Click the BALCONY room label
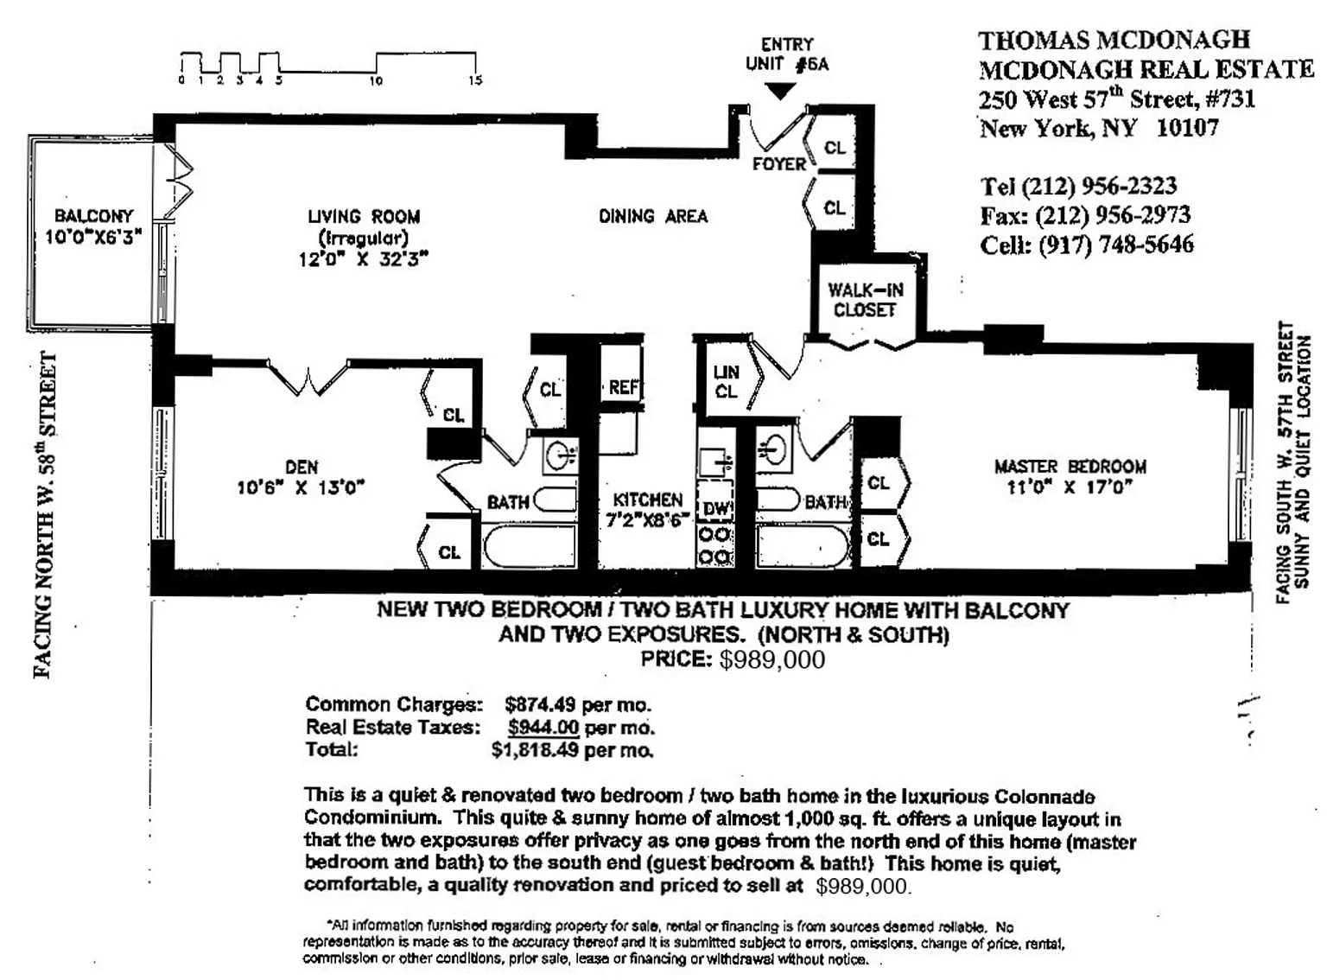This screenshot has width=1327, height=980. [93, 216]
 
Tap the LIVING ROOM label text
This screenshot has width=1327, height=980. [364, 217]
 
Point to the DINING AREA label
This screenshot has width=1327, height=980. [653, 216]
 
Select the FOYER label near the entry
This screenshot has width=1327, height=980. [779, 164]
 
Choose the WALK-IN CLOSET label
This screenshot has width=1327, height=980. [865, 300]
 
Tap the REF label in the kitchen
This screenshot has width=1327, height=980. [623, 387]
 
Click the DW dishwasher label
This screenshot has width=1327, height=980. [716, 509]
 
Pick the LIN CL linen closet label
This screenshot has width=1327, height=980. [726, 381]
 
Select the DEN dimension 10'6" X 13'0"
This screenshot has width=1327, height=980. [301, 488]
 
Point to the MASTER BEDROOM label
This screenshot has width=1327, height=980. [1070, 467]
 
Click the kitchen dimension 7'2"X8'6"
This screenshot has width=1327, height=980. [648, 521]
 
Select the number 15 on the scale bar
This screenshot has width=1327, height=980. [475, 81]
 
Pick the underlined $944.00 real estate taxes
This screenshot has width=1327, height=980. [543, 727]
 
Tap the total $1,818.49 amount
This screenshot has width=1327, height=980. [535, 749]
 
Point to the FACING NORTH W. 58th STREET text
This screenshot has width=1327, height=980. [46, 515]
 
